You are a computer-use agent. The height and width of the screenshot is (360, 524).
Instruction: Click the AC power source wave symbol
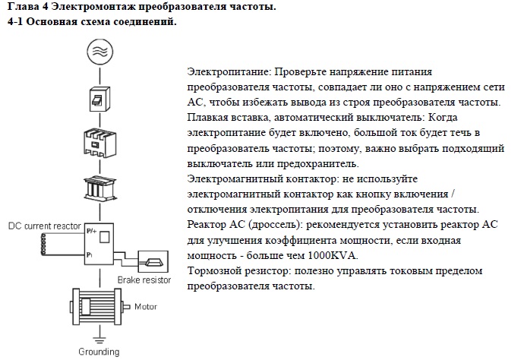tap(100, 52)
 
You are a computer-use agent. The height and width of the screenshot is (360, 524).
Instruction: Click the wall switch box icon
tap(99, 99)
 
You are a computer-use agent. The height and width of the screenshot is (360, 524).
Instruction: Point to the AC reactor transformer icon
tap(99, 188)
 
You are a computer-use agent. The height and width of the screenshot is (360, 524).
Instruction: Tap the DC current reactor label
tap(45, 226)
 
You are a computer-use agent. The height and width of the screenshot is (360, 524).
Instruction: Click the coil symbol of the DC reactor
tap(43, 245)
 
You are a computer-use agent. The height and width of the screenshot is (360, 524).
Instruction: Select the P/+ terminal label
tap(91, 231)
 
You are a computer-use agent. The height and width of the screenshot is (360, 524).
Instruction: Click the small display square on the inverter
tap(105, 237)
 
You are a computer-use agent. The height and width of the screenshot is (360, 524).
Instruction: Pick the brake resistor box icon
tap(153, 262)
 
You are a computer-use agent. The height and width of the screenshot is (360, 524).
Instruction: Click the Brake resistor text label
tap(144, 279)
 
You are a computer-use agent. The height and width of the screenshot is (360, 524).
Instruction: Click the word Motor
tap(146, 307)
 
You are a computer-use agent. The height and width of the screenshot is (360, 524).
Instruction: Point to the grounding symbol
tap(99, 340)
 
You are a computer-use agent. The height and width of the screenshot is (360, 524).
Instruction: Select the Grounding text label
tap(99, 352)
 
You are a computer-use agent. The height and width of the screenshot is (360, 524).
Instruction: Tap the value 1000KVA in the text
tap(333, 256)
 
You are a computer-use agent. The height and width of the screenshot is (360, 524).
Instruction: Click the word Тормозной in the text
tap(214, 270)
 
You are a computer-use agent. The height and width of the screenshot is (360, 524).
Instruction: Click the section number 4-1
tap(15, 22)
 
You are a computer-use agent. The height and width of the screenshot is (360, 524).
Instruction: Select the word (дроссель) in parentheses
tap(274, 225)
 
